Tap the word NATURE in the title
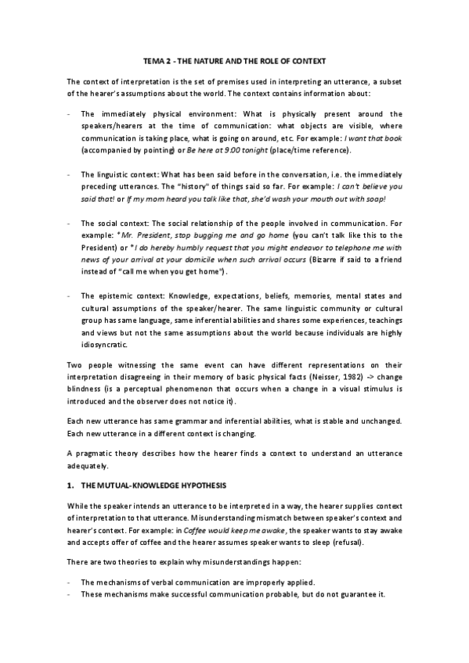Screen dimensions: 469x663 [208, 60]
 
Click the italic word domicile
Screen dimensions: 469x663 [217, 269]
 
